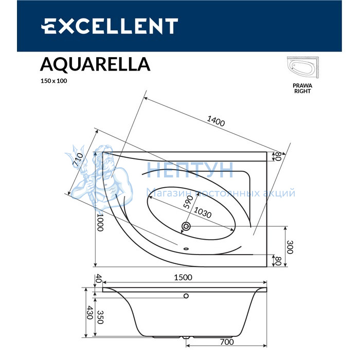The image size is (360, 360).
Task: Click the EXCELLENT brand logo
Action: [110, 26]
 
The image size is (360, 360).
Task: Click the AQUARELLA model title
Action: [95, 64]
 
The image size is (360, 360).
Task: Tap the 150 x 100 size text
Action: [53, 81]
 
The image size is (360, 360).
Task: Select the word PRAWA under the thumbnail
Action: [302, 86]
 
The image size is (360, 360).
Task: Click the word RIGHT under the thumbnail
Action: [302, 91]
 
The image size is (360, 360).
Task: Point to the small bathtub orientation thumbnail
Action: [303, 68]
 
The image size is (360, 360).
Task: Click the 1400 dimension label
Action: [216, 121]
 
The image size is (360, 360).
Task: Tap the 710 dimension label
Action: [78, 159]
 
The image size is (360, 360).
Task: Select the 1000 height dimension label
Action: [100, 222]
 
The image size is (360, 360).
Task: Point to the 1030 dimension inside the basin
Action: [203, 212]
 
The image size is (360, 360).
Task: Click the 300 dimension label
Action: [290, 247]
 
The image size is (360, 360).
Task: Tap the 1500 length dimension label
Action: [183, 277]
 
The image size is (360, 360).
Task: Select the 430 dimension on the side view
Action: [90, 313]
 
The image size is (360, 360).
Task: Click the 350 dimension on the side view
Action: [100, 317]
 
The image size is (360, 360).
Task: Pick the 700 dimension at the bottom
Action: [227, 342]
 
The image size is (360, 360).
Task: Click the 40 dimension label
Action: [99, 279]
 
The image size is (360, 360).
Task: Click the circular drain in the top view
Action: [186, 226]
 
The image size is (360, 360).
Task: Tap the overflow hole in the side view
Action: [186, 296]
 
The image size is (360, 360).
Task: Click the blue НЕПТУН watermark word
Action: [190, 170]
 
